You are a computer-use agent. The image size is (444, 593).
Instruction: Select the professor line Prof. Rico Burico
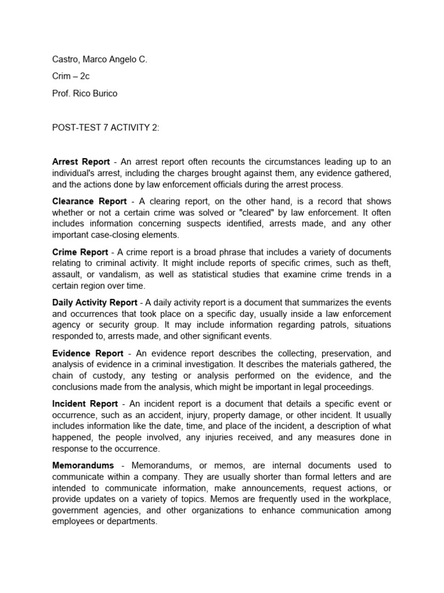pos(84,93)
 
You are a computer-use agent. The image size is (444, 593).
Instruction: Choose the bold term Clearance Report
pos(89,202)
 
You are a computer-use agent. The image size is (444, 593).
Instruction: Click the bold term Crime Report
pos(80,252)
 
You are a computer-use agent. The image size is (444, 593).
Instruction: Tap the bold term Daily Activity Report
pos(95,302)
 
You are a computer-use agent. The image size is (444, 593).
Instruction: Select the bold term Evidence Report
pos(87,353)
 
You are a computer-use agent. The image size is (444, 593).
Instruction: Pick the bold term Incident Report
pos(85,404)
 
